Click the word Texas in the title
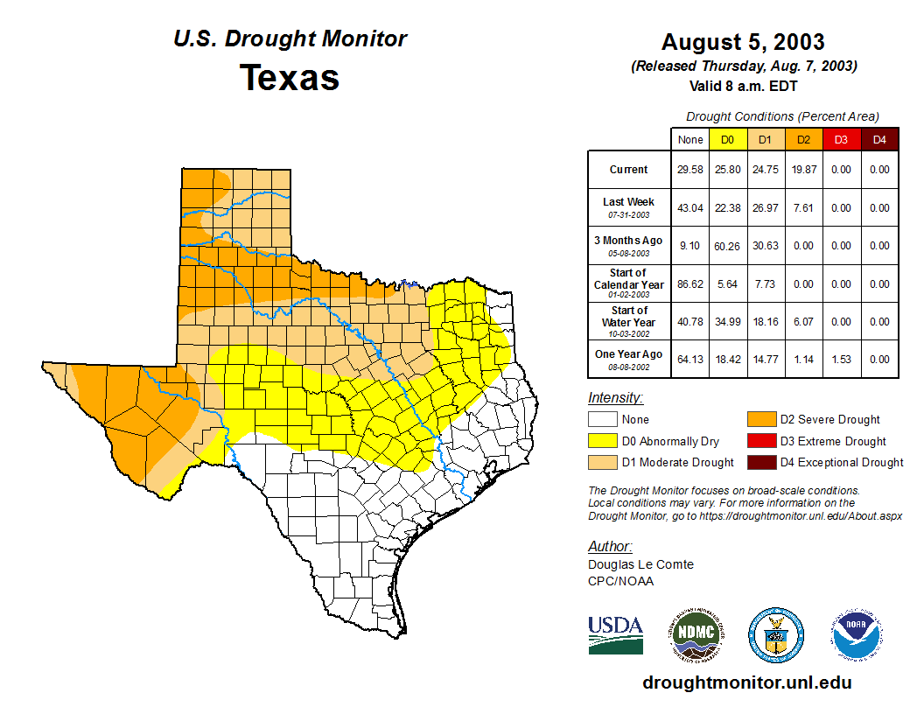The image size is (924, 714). pyautogui.click(x=290, y=77)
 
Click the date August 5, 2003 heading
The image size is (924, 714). pyautogui.click(x=743, y=42)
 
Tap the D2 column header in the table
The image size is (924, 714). pyautogui.click(x=804, y=139)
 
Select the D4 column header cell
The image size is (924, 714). pyautogui.click(x=879, y=139)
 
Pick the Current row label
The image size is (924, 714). pyautogui.click(x=629, y=170)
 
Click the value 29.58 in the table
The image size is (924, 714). pyautogui.click(x=691, y=170)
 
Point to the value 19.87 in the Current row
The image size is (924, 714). pyautogui.click(x=804, y=170)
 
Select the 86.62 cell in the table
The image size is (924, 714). pyautogui.click(x=691, y=284)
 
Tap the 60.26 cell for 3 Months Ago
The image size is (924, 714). pyautogui.click(x=729, y=246)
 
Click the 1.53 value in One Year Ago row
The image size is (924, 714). pyautogui.click(x=842, y=360)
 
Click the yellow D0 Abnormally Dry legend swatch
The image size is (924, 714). pyautogui.click(x=603, y=441)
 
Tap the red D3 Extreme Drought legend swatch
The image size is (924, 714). pyautogui.click(x=761, y=441)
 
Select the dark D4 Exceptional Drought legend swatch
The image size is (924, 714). pyautogui.click(x=761, y=462)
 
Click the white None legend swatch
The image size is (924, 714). pyautogui.click(x=603, y=420)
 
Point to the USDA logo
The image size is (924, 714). pyautogui.click(x=615, y=634)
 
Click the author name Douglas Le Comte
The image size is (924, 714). pyautogui.click(x=640, y=564)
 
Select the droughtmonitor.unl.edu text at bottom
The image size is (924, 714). pyautogui.click(x=746, y=682)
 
